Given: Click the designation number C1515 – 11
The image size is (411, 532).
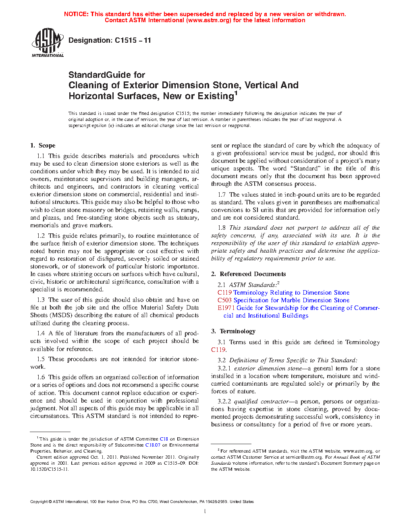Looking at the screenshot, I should pos(133,40).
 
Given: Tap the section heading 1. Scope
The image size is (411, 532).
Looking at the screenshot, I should pos(43,145).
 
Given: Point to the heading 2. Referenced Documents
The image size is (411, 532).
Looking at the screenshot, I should pos(249,274).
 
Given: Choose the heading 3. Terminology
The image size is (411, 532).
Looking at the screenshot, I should pos(233,331).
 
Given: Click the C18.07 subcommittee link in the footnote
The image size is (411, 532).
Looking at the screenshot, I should pos(153,445).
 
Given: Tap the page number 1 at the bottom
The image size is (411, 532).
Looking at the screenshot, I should pos(205,511).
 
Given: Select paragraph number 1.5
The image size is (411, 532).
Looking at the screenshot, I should pos(41,359).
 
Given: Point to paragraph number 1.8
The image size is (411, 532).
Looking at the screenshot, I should pos(222,228).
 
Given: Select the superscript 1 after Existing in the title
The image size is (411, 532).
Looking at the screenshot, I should pos(236,94).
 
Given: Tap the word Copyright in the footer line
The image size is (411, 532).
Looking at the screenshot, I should pos(39,502).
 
